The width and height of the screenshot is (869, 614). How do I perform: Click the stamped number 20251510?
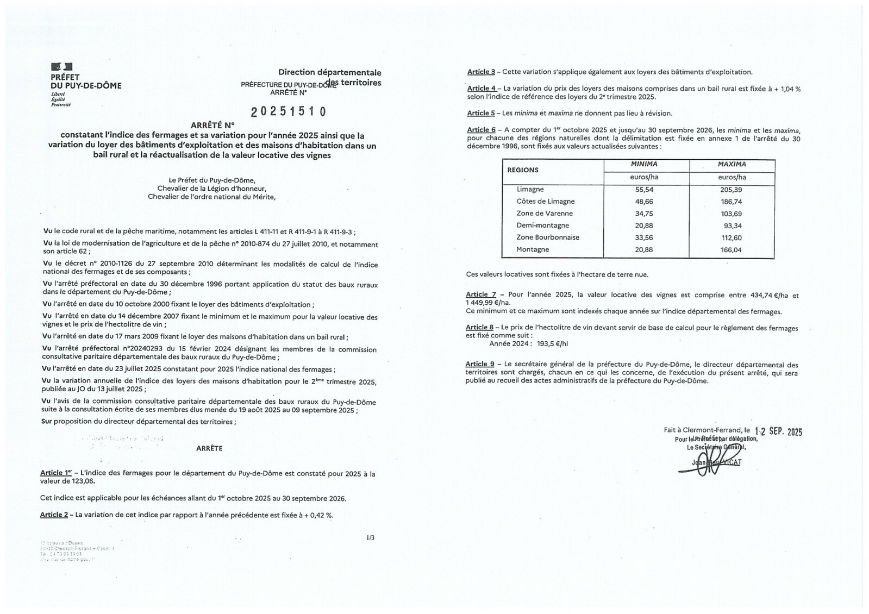point(288,111)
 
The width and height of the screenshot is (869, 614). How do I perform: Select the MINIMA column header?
point(644,164)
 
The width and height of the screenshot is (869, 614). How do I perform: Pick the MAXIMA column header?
point(732,164)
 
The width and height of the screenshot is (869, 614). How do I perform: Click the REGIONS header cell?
point(523,170)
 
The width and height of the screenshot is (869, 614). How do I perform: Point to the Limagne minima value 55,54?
point(644,190)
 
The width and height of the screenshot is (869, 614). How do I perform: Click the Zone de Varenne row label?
point(545,214)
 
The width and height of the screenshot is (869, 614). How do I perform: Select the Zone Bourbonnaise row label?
point(548,237)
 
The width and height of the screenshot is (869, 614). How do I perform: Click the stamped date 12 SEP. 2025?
point(778,431)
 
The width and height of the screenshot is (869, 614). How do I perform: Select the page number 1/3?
point(371,538)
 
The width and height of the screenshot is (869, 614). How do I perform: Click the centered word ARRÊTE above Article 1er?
point(209,449)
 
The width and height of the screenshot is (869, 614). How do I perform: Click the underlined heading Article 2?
point(54,515)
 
